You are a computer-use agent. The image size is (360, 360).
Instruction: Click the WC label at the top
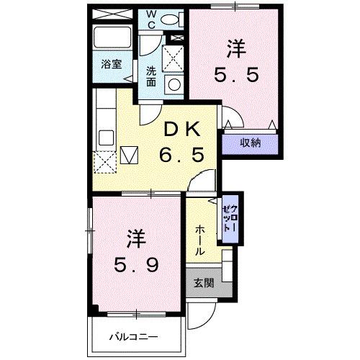pos(152,17)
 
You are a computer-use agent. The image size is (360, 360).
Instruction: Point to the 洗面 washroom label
pos(151,76)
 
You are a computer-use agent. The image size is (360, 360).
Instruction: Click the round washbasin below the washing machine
pos(174,84)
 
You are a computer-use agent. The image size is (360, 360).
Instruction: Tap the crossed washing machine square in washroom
pos(173,57)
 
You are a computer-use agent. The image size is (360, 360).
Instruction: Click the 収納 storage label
pos(250,143)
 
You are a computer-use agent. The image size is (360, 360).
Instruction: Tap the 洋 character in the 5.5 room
pos(236,49)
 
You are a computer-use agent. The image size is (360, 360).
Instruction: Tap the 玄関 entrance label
pos(203,283)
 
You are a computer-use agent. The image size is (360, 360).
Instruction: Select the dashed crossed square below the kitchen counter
pos(105,162)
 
